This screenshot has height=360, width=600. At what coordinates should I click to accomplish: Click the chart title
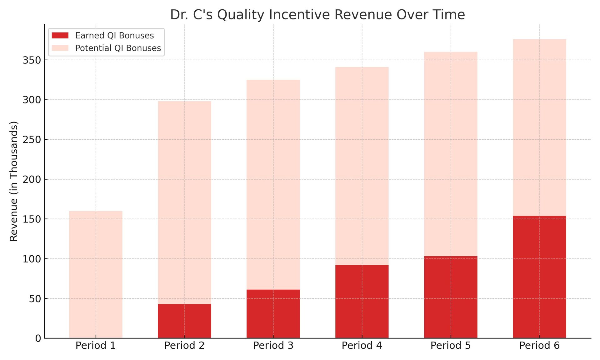click(317, 15)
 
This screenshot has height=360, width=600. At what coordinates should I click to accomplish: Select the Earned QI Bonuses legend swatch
click(60, 35)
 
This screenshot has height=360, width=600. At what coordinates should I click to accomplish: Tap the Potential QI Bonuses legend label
click(118, 48)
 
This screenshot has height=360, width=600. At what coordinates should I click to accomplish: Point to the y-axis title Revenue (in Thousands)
click(14, 181)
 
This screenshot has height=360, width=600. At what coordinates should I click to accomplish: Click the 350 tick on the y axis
click(32, 60)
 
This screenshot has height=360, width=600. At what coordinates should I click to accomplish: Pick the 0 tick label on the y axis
click(38, 338)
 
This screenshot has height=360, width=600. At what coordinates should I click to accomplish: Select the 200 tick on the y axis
click(32, 179)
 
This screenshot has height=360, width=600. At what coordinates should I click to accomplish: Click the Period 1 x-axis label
click(96, 346)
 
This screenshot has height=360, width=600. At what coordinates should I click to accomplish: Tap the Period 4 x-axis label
click(362, 346)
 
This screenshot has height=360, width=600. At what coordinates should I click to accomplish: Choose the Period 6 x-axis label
click(539, 346)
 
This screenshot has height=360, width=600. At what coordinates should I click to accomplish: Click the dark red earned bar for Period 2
click(184, 321)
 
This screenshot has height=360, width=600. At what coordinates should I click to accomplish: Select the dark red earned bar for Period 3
click(273, 314)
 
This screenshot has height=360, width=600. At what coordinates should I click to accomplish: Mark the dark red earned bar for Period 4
click(362, 302)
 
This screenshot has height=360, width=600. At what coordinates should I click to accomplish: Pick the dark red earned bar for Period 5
click(451, 297)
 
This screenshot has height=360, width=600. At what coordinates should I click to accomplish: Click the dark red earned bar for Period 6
click(539, 277)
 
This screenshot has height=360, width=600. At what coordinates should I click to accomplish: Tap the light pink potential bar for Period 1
click(96, 275)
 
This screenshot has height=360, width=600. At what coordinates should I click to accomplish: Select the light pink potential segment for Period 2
click(184, 202)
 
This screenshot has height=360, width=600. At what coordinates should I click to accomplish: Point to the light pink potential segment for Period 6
click(539, 127)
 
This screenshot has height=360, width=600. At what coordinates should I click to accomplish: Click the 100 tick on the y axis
click(32, 259)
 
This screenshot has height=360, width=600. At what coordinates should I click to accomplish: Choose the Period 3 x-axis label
click(273, 346)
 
